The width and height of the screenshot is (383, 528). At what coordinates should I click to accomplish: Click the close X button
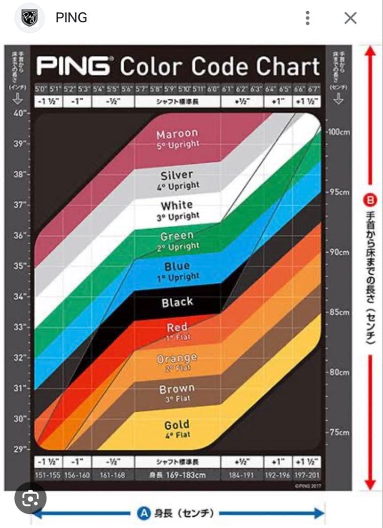click(350, 19)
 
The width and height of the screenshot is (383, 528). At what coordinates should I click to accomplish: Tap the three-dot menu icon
click(307, 19)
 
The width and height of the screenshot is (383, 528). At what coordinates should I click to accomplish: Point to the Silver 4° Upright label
click(177, 179)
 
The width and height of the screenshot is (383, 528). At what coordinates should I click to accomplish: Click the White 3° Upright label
click(177, 210)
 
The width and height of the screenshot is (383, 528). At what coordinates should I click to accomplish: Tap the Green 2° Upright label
click(177, 242)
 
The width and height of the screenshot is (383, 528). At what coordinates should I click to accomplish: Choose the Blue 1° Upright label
click(177, 271)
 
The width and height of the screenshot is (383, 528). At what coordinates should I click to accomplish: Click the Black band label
click(177, 302)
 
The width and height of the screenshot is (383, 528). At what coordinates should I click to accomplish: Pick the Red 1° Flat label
click(177, 331)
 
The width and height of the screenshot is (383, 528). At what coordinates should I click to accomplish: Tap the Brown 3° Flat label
click(177, 393)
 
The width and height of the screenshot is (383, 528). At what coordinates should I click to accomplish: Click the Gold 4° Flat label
click(177, 429)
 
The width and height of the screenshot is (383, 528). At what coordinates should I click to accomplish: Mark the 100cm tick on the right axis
click(338, 132)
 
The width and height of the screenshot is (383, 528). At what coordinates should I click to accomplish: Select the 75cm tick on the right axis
click(338, 432)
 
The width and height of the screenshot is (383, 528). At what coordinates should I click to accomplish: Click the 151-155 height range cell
click(48, 475)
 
